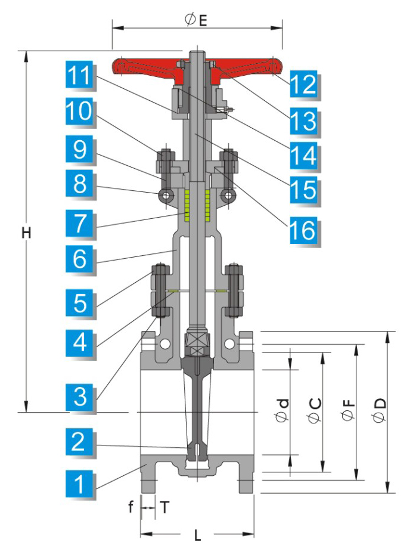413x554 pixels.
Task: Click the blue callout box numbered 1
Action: click(x=80, y=484)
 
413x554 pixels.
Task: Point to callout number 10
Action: click(x=80, y=112)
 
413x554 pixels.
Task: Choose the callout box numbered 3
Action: click(x=80, y=395)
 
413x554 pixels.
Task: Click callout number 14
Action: click(x=303, y=157)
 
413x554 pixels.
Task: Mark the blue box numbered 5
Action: click(x=80, y=303)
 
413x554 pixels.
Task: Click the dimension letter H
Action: click(x=26, y=233)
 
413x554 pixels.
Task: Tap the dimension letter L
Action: click(x=197, y=535)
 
